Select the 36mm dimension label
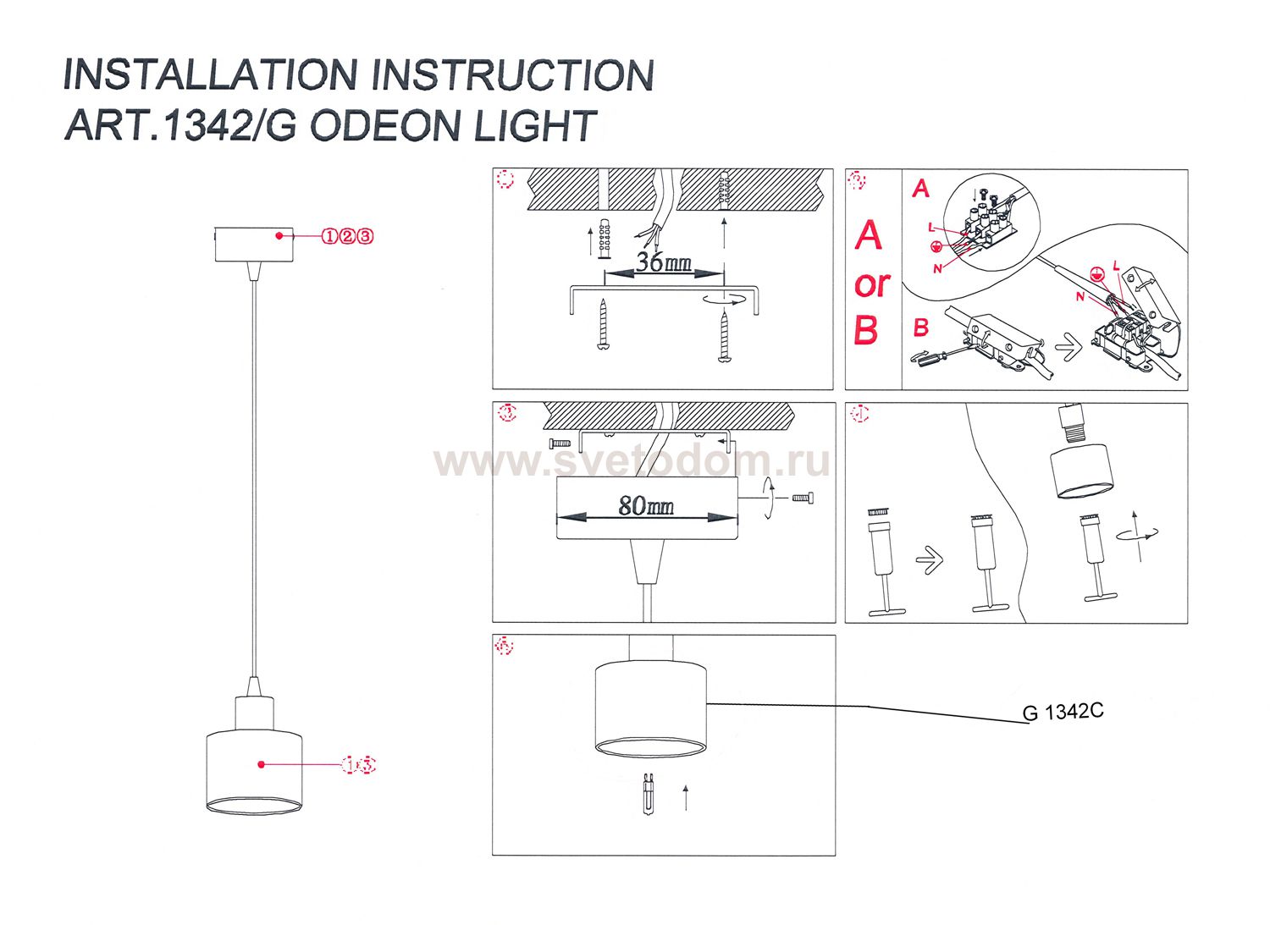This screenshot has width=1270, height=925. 664,262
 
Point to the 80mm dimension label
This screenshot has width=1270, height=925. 646,506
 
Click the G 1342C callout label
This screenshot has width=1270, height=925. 1063,712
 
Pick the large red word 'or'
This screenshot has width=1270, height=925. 871,284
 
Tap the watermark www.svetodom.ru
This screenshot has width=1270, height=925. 631,461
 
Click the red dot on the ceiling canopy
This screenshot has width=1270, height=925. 279,236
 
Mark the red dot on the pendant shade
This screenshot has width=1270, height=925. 262,764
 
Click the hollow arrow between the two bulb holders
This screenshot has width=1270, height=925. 930,559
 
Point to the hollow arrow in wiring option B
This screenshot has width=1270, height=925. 1069,347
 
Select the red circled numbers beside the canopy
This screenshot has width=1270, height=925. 347,236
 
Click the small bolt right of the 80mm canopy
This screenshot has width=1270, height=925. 802,498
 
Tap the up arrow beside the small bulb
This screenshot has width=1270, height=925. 686,797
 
